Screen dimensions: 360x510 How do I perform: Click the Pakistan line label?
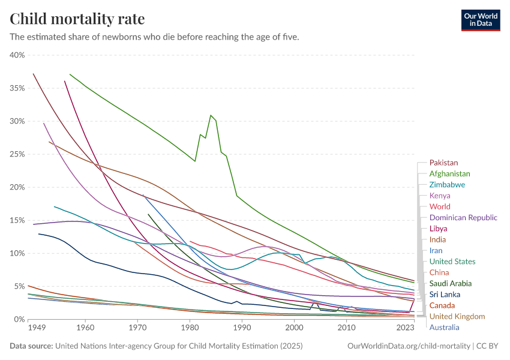443,163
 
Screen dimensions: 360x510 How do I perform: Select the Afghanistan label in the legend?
450,173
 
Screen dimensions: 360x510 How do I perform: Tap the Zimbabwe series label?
447,185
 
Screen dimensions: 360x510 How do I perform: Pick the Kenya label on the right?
440,196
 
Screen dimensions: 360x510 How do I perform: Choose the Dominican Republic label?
463,218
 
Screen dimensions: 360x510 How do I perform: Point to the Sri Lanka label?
445,295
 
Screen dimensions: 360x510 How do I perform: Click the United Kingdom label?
457,316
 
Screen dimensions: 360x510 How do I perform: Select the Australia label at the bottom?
445,328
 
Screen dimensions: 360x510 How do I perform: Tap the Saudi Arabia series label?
451,283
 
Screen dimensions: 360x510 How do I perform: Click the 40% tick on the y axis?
17,55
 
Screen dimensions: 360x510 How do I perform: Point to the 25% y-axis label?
17,154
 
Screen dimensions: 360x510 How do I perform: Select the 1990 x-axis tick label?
242,328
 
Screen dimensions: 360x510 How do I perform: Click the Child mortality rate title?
77,19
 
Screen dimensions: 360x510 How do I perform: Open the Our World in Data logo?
480,19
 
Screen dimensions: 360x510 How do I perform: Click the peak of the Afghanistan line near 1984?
211,115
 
